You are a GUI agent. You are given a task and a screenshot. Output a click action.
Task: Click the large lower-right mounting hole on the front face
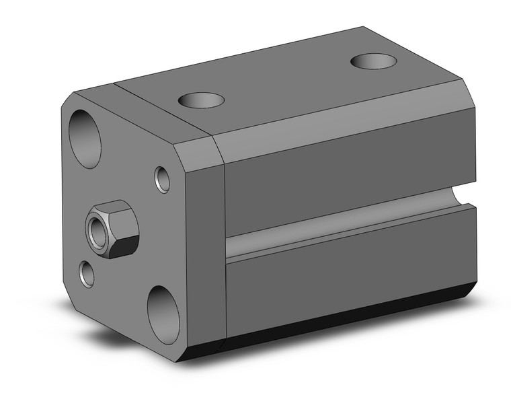(163, 314)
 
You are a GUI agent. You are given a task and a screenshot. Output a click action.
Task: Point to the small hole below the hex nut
(87, 273)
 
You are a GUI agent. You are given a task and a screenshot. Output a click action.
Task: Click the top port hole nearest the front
(201, 100)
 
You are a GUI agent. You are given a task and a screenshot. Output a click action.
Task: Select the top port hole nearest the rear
(373, 61)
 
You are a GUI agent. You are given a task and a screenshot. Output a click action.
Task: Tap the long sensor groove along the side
(336, 225)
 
